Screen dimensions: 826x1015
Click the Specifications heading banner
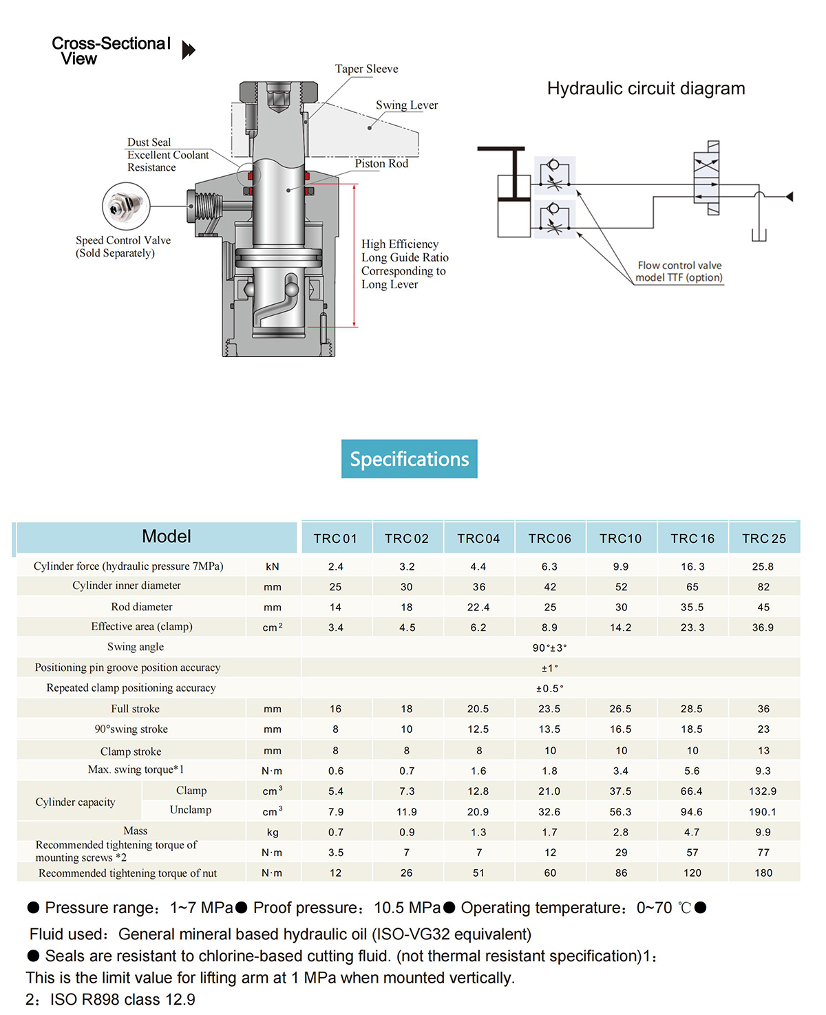click(409, 458)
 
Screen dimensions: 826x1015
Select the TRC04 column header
click(478, 539)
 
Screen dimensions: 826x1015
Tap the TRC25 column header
click(763, 539)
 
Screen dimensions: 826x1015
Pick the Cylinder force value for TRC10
click(621, 566)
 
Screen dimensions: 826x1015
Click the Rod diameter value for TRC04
click(478, 607)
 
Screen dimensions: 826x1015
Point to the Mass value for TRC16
click(692, 832)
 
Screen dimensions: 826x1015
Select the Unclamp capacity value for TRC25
click(763, 811)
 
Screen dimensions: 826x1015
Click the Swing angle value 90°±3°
click(549, 648)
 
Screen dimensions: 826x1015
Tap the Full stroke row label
click(136, 709)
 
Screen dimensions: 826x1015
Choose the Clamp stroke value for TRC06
click(550, 751)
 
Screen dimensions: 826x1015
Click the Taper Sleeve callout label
click(366, 69)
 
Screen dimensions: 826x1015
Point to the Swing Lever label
click(407, 105)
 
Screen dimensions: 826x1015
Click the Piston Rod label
click(381, 164)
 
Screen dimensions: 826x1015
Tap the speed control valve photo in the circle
click(126, 206)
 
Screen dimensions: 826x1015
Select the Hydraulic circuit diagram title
click(646, 88)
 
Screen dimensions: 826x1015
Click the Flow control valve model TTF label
click(679, 271)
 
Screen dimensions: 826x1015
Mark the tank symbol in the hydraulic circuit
click(759, 235)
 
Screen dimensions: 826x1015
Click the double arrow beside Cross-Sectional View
click(189, 50)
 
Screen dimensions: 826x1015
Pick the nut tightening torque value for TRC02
click(407, 873)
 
